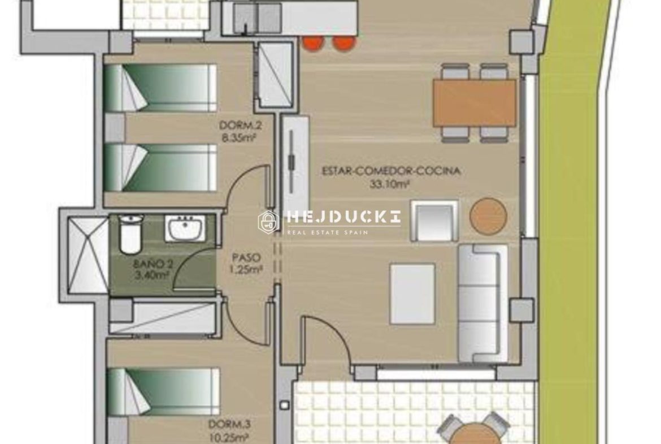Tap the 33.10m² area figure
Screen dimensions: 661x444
point(390,184)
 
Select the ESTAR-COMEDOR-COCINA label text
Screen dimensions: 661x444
point(391,171)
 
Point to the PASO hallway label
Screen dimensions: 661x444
point(246,257)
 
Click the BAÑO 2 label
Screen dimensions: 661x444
point(153,265)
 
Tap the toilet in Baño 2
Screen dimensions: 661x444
point(131,234)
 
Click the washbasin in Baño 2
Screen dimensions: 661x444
point(185,229)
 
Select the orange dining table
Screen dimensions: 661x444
point(474,103)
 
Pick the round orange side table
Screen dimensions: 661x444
point(488,215)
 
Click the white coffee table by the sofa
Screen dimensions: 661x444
point(412,294)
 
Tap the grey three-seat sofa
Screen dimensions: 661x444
point(482,303)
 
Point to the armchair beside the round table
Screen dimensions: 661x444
point(434,221)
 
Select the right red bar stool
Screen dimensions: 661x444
point(345,43)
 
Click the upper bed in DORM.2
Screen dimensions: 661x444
point(160,88)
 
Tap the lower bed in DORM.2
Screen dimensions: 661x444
point(160,167)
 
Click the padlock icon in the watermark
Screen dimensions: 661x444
point(268,222)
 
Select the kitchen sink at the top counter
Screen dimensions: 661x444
point(258,17)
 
